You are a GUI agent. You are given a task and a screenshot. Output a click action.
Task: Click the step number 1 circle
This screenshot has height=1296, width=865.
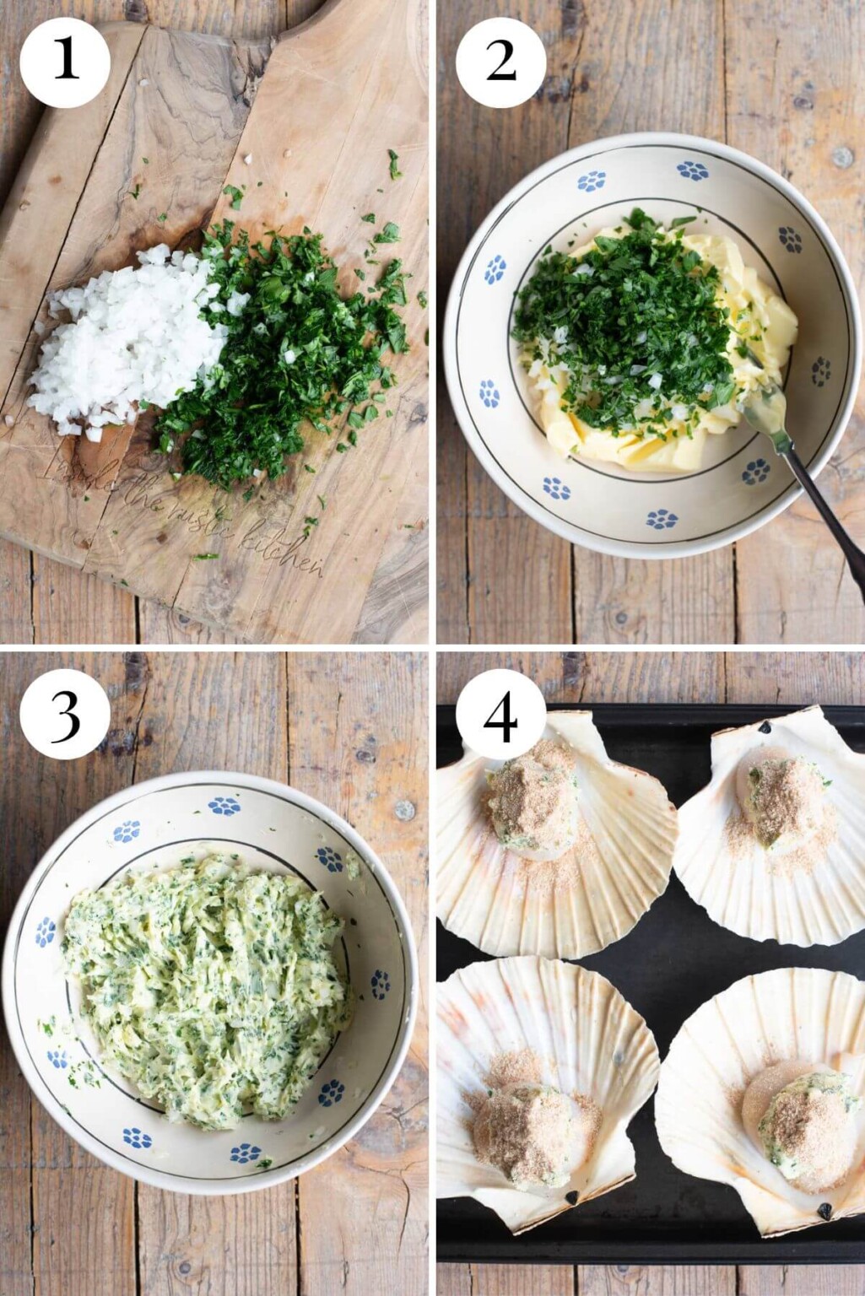tap(65, 62)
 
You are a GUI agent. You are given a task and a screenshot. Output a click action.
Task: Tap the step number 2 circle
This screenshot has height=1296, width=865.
tap(500, 62)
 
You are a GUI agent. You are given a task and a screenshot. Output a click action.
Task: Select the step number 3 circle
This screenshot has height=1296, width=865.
tap(65, 714)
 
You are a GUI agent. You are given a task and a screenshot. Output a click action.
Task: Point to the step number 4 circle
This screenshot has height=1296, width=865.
tap(500, 714)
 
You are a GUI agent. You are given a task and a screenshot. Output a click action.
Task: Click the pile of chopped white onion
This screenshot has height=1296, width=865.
tap(127, 342)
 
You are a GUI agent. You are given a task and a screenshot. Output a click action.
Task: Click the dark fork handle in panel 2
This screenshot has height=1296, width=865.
tap(831, 523)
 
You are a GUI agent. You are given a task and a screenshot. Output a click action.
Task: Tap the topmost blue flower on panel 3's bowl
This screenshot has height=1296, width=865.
tap(224, 806)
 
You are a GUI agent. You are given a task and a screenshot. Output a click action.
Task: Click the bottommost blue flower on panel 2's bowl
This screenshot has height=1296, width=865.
tap(662, 519)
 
